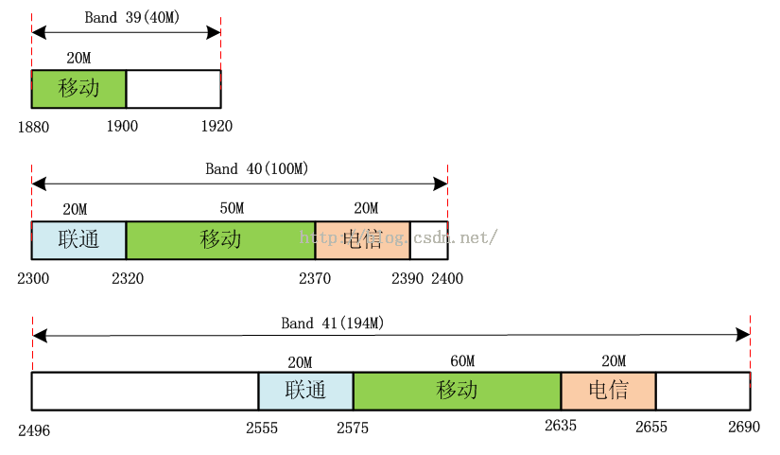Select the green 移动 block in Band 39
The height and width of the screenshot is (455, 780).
(78, 89)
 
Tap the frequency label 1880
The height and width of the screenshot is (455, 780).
(33, 126)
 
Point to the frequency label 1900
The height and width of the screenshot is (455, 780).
(122, 126)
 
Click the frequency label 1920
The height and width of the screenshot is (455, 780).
(217, 126)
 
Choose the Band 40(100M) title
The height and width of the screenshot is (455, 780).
(256, 169)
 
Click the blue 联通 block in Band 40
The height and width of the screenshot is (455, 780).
(78, 240)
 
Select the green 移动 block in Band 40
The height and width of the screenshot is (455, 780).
(220, 240)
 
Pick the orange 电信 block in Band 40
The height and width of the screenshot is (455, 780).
(362, 240)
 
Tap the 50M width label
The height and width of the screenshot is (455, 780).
(232, 208)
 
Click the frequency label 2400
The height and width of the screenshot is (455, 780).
(447, 278)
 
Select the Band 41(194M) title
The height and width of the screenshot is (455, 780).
(332, 324)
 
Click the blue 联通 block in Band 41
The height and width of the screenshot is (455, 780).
(305, 391)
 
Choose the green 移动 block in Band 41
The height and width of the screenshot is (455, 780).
(457, 391)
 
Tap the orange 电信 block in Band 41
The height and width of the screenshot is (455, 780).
(608, 391)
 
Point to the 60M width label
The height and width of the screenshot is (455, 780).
(462, 360)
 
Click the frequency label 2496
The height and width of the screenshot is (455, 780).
(33, 430)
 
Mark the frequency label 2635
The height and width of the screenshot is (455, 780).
(561, 426)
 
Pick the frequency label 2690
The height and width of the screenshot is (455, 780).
(744, 427)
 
